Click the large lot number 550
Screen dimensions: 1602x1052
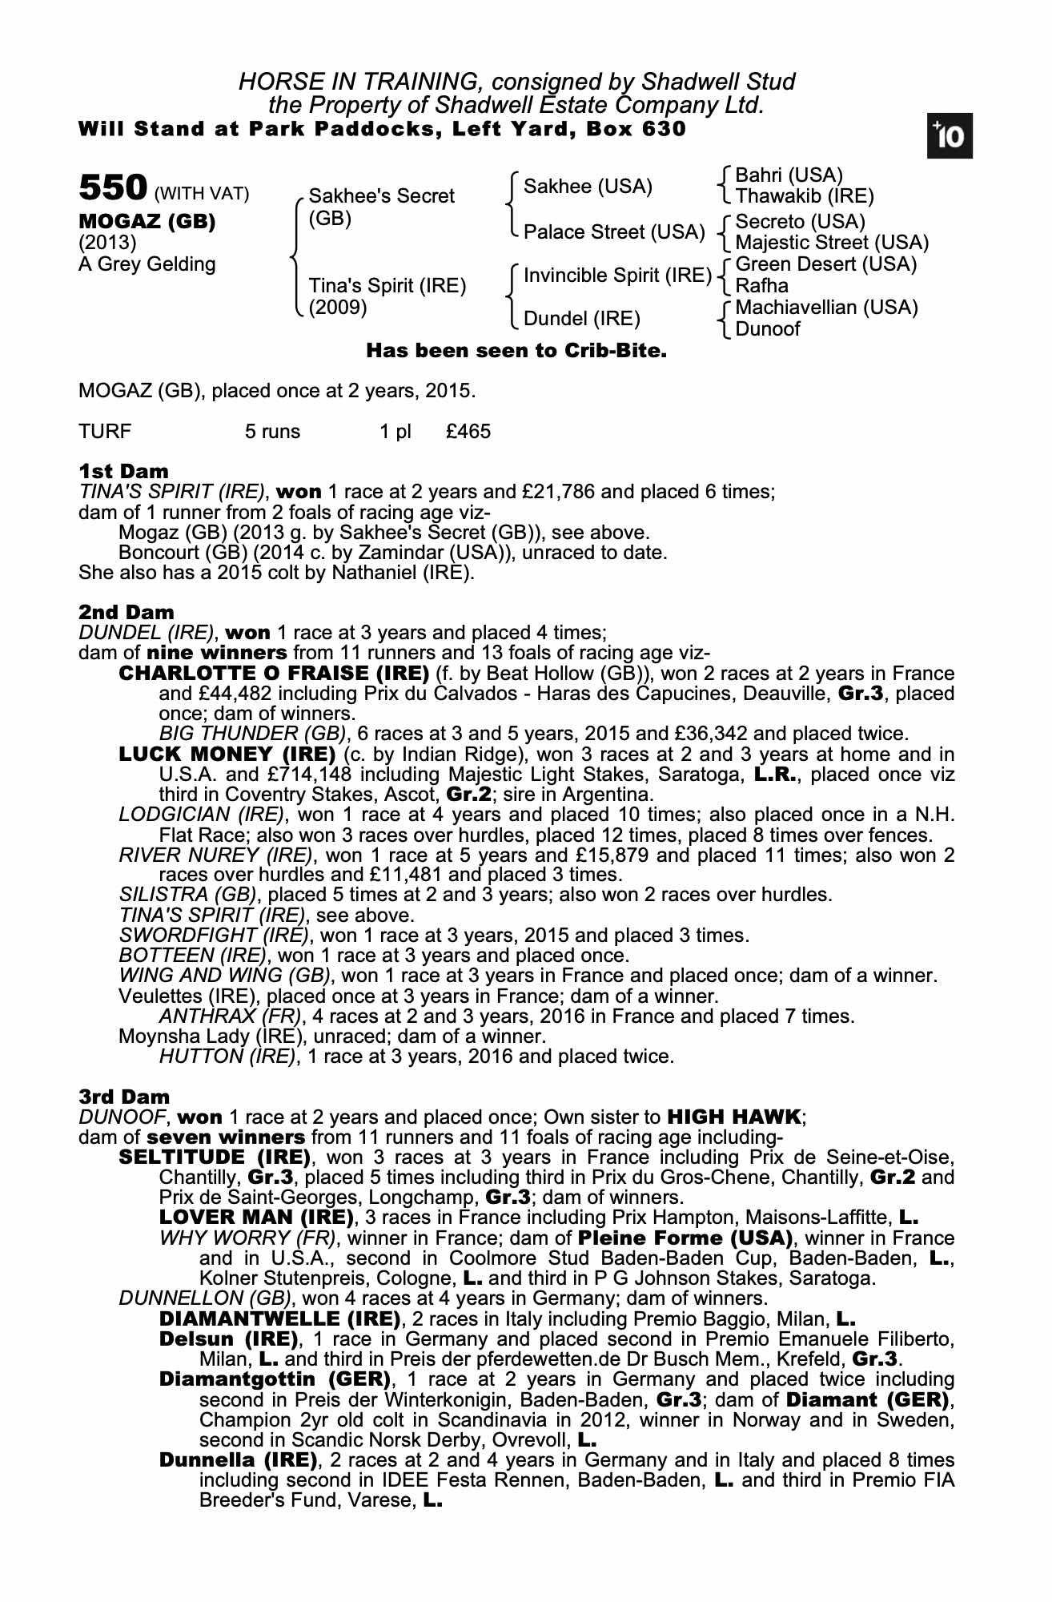pyautogui.click(x=112, y=188)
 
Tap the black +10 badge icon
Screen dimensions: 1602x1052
pyautogui.click(x=950, y=137)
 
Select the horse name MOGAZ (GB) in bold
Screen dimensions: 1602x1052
pyautogui.click(x=147, y=222)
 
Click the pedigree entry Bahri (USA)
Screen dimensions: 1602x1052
pyautogui.click(x=789, y=175)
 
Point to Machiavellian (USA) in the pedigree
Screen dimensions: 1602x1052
pyautogui.click(x=826, y=308)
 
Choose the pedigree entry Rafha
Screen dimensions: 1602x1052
pyautogui.click(x=761, y=286)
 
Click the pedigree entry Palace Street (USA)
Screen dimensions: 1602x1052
pyautogui.click(x=614, y=232)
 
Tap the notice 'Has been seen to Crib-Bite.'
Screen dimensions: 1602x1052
pyautogui.click(x=516, y=351)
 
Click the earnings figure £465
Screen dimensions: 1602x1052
pyautogui.click(x=468, y=432)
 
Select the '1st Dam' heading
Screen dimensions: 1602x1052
pyautogui.click(x=123, y=471)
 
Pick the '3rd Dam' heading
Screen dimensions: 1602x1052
pyautogui.click(x=124, y=1096)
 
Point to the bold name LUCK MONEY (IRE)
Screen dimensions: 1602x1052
pyautogui.click(x=227, y=754)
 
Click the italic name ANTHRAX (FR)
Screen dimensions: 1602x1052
pyautogui.click(x=231, y=1016)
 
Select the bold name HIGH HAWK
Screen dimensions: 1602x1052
pyautogui.click(x=733, y=1117)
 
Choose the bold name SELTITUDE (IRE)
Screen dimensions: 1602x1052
pyautogui.click(x=214, y=1157)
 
